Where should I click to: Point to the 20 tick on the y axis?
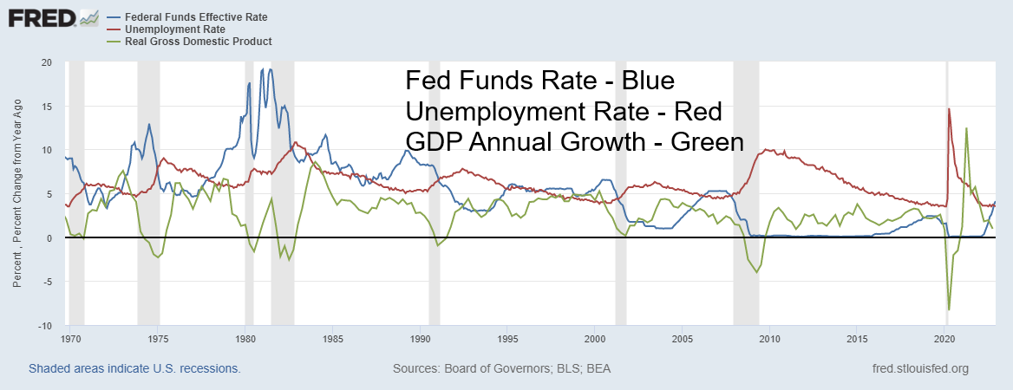tap(46, 63)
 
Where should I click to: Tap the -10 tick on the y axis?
tap(44, 326)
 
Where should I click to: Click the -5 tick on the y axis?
tap(47, 282)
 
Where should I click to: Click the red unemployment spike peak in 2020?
tap(949, 109)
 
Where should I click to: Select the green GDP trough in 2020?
tap(950, 309)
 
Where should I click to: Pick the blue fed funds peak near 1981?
tap(271, 69)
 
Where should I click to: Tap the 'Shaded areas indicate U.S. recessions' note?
tap(134, 368)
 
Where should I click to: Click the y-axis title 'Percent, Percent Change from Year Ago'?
tap(17, 192)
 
